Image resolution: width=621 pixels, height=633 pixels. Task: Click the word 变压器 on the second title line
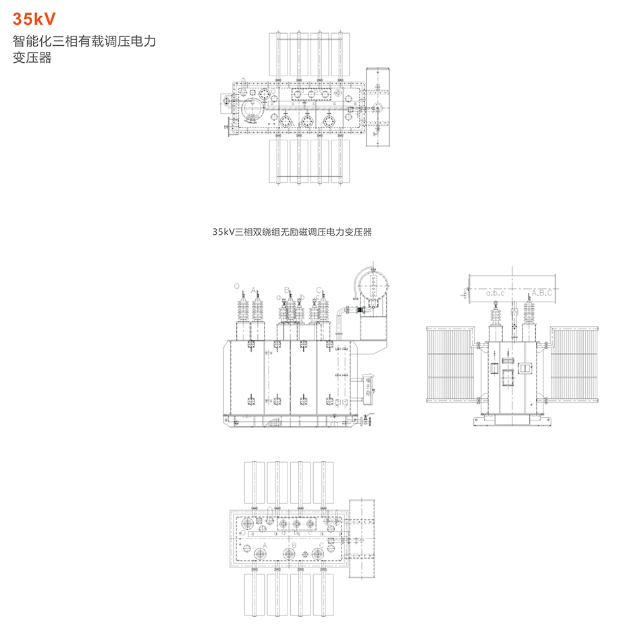[x=32, y=58]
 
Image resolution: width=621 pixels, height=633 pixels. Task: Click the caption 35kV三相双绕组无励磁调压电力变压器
[x=292, y=231]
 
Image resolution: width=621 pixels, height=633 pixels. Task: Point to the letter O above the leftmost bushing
[x=236, y=286]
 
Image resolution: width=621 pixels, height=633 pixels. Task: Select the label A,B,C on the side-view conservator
[x=541, y=294]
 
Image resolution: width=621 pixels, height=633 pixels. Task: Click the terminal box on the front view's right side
[x=369, y=385]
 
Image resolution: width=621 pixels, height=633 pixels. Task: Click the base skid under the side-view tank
[x=514, y=422]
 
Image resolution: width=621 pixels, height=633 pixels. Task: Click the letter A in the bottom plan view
[x=265, y=544]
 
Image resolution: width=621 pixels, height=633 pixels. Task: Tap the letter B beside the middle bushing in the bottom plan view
[x=294, y=544]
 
